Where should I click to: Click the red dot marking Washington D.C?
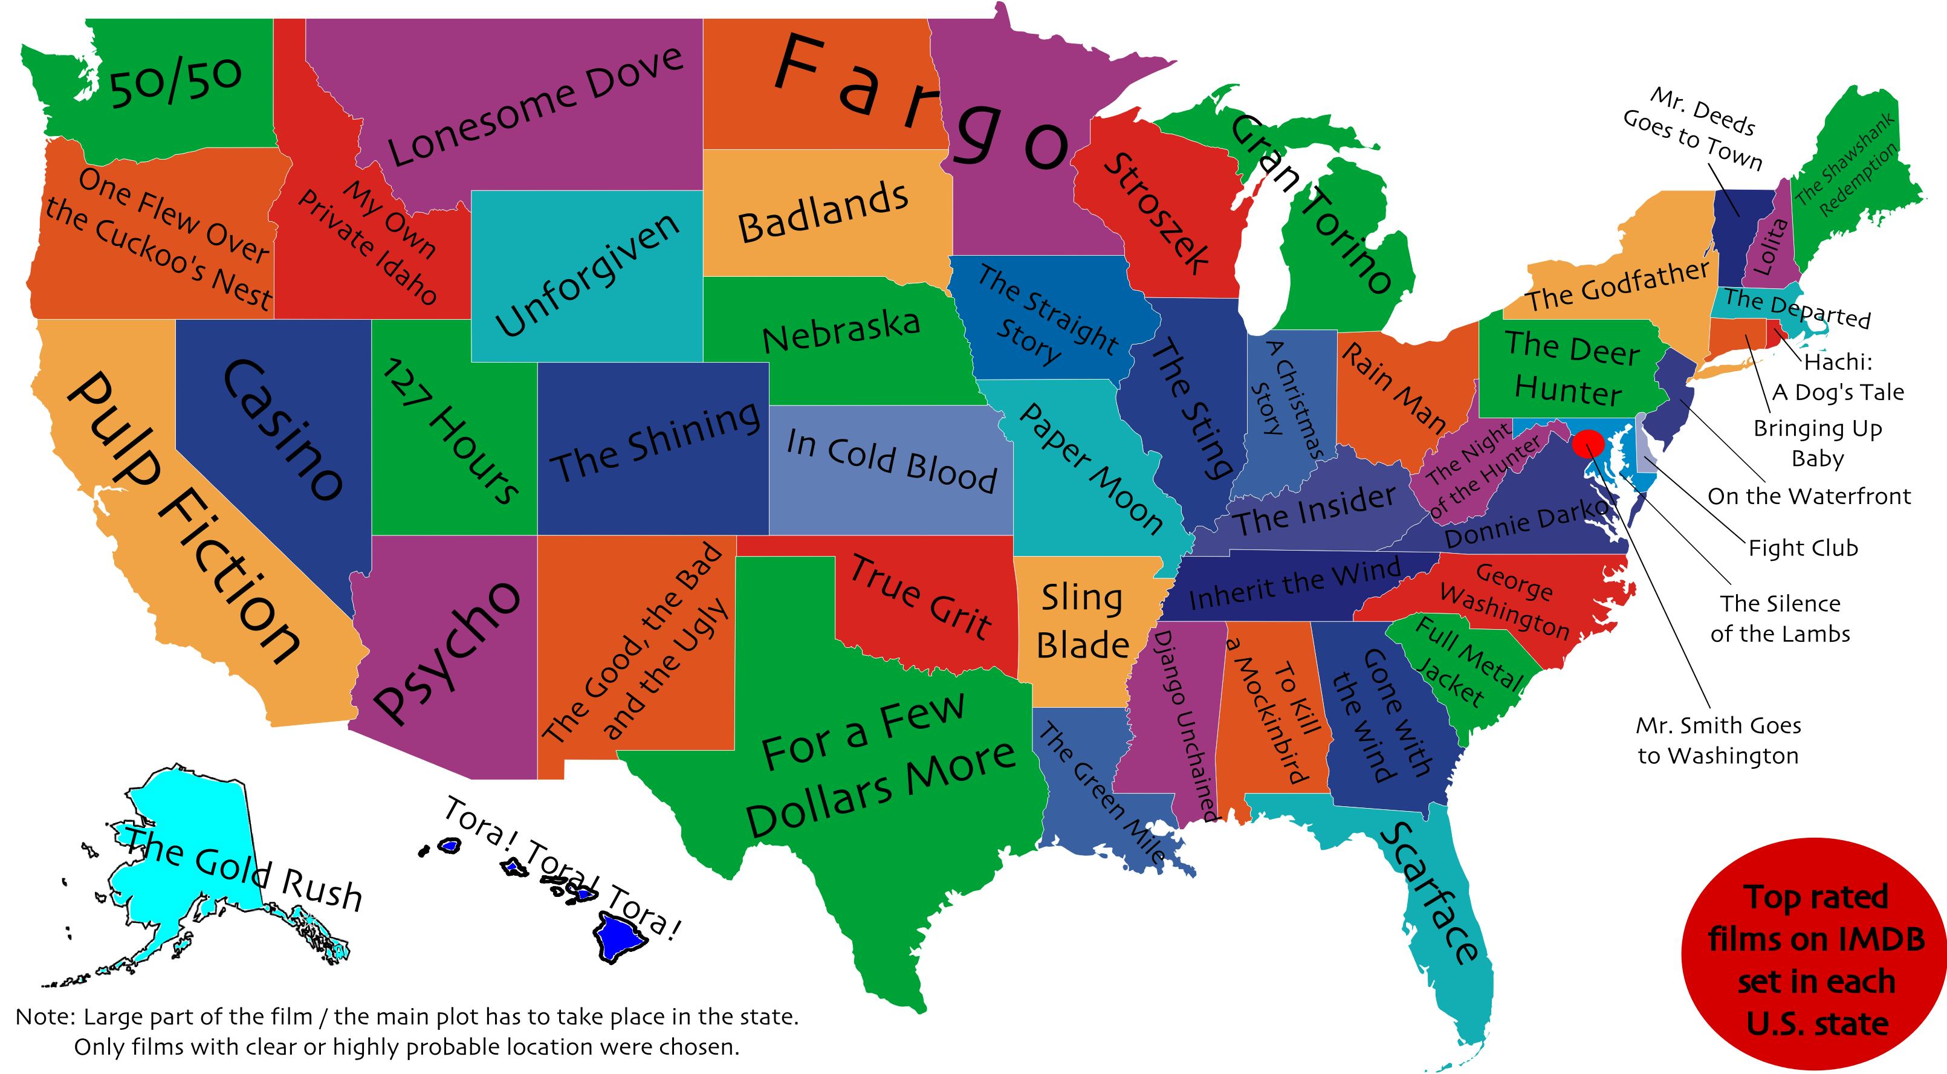click(x=1588, y=444)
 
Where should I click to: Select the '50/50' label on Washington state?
click(x=176, y=81)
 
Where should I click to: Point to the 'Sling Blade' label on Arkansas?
click(x=1083, y=621)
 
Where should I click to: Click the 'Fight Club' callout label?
click(x=1803, y=548)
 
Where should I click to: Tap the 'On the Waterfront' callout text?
click(x=1809, y=497)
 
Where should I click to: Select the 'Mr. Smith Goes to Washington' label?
click(x=1718, y=741)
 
